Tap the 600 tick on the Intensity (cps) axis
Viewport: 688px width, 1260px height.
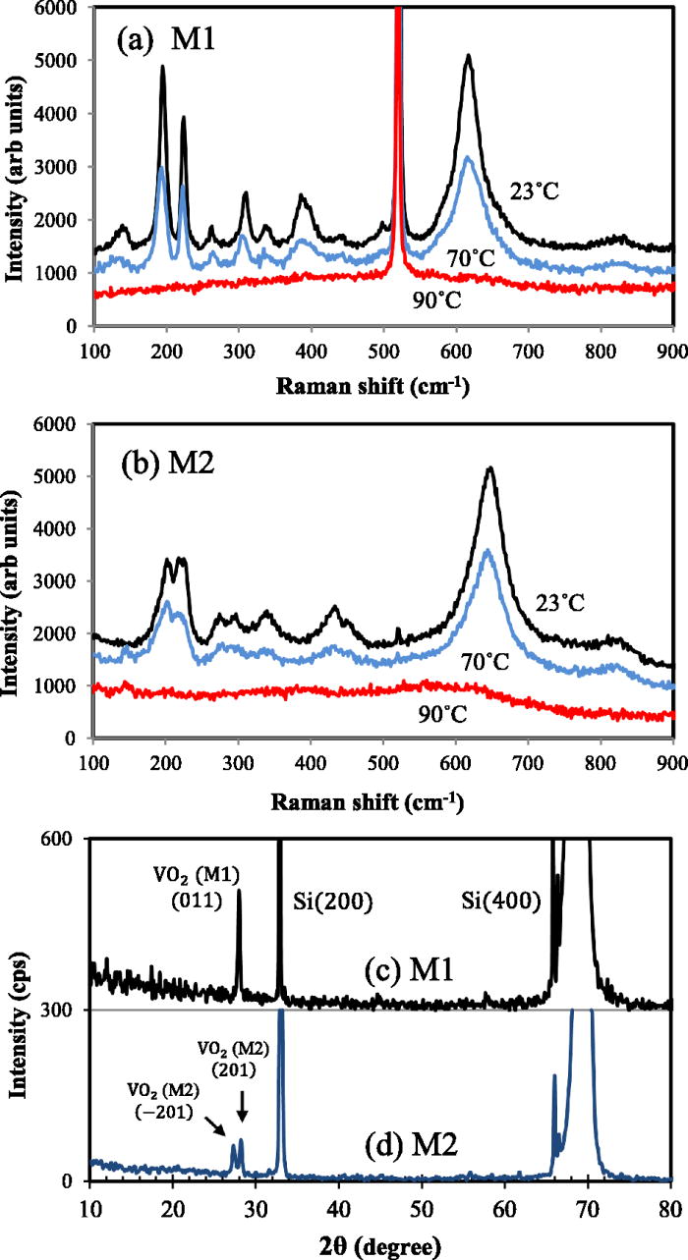pos(68,839)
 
